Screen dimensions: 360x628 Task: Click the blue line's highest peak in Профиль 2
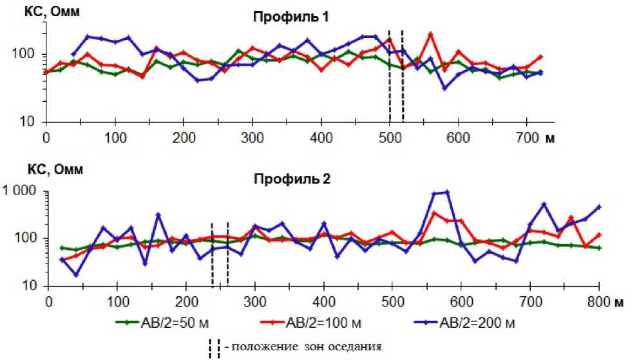click(447, 192)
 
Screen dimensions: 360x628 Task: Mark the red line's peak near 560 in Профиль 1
click(430, 33)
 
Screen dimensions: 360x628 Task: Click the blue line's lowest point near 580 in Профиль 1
click(444, 88)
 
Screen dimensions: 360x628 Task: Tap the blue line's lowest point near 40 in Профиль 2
click(76, 274)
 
